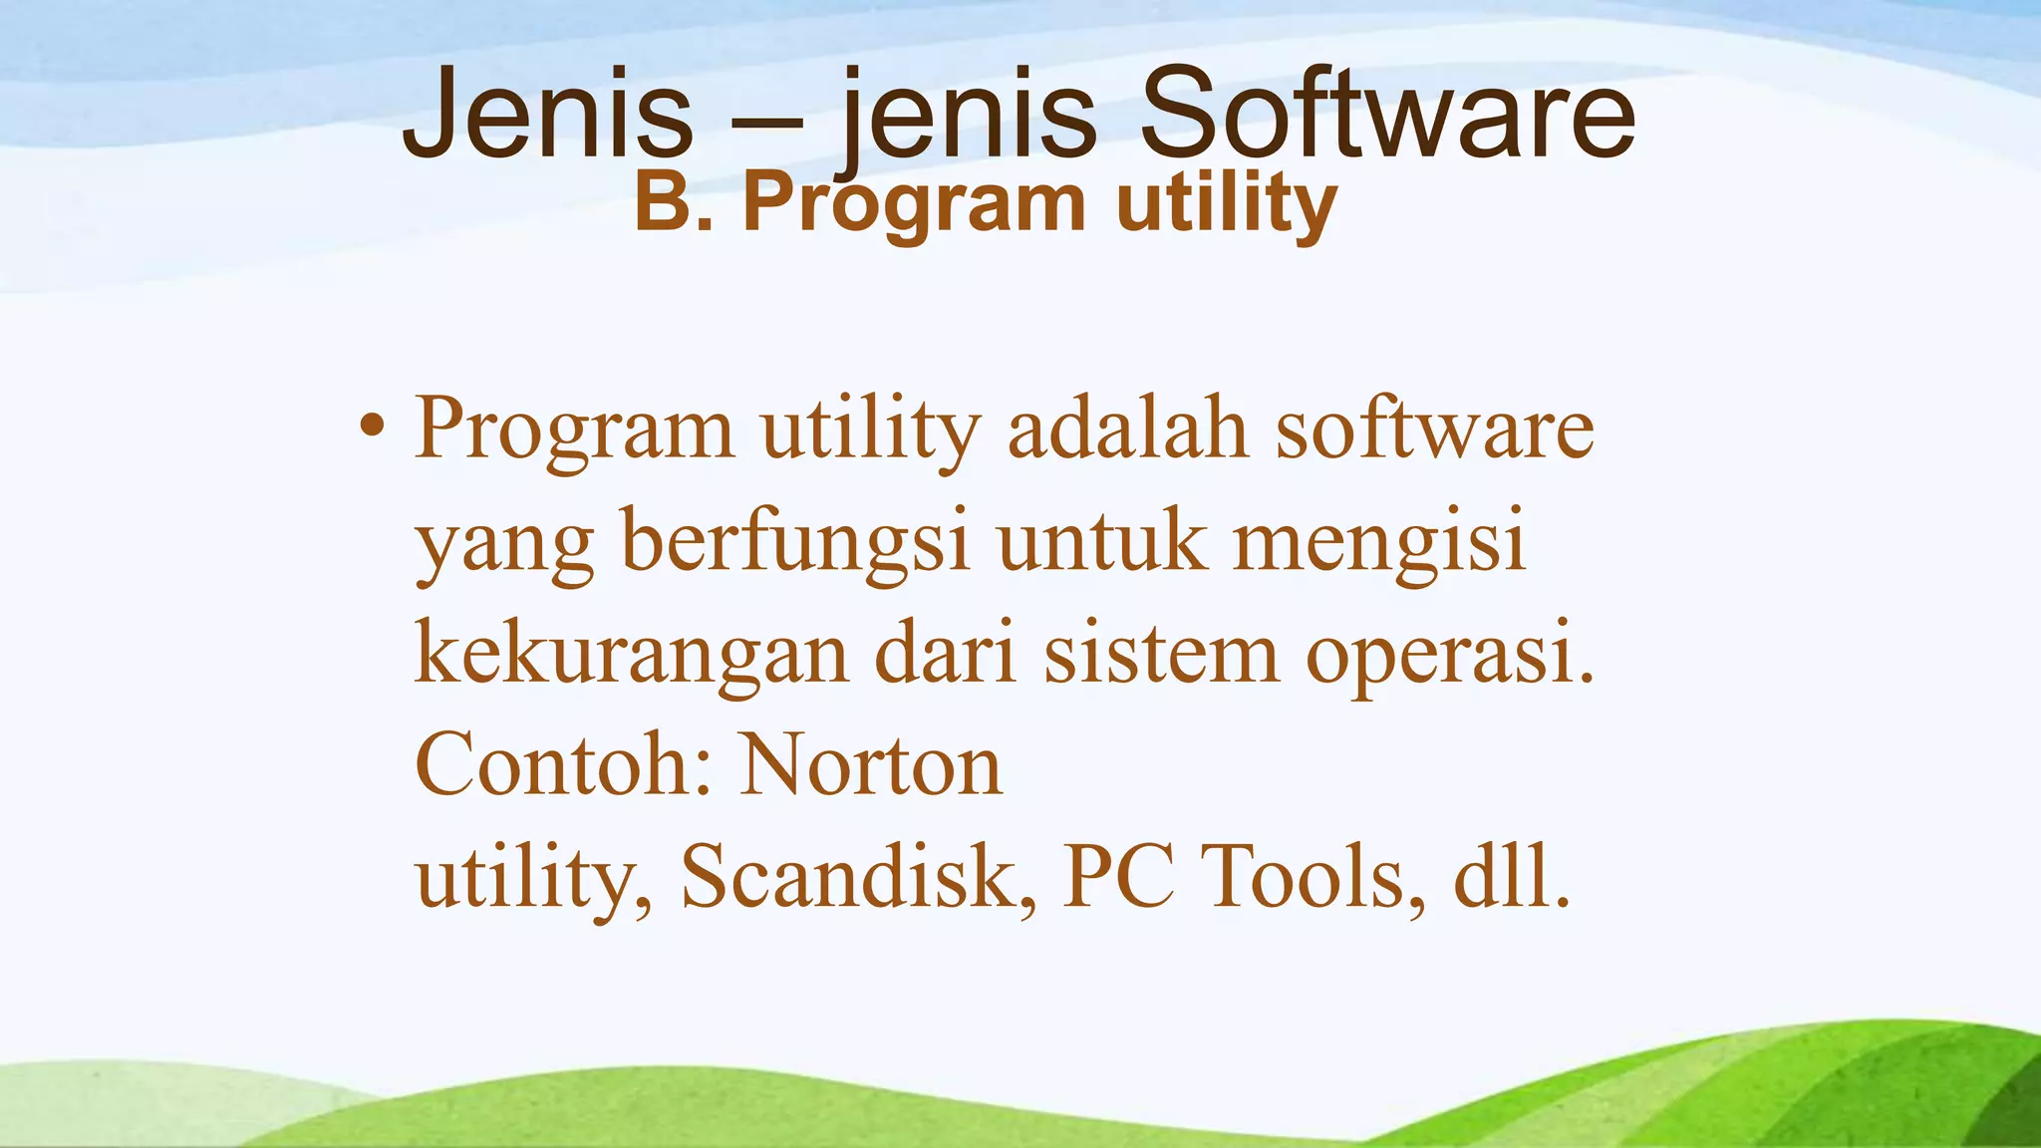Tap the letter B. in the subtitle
(x=674, y=203)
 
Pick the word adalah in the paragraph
(x=1127, y=429)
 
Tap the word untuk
(x=1101, y=543)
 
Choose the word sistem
(x=1161, y=655)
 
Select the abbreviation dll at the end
(x=1501, y=877)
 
